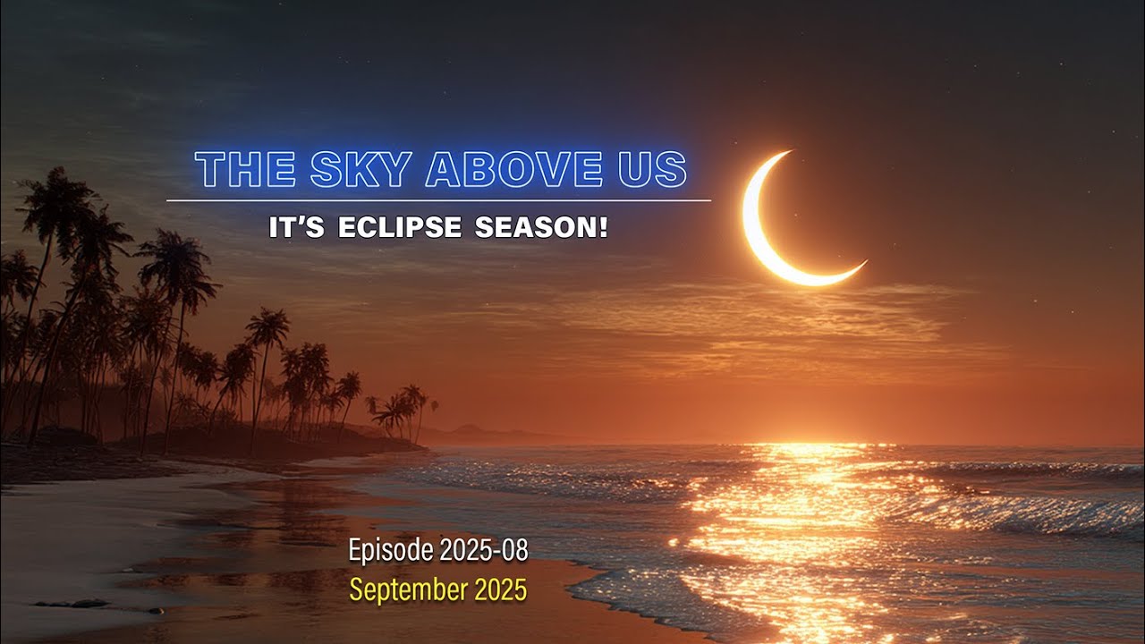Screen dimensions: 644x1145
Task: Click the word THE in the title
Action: click(245, 170)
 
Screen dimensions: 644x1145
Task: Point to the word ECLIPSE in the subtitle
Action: click(400, 228)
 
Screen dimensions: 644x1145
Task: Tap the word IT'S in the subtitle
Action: click(298, 228)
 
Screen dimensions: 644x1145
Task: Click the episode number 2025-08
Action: click(484, 551)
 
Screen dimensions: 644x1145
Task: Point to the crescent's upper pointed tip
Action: click(789, 153)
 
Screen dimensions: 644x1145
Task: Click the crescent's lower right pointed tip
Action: click(863, 263)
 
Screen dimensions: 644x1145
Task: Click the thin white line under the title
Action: click(438, 200)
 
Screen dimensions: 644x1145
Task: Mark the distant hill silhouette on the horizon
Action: click(474, 432)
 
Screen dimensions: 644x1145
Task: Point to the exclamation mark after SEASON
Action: click(603, 228)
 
